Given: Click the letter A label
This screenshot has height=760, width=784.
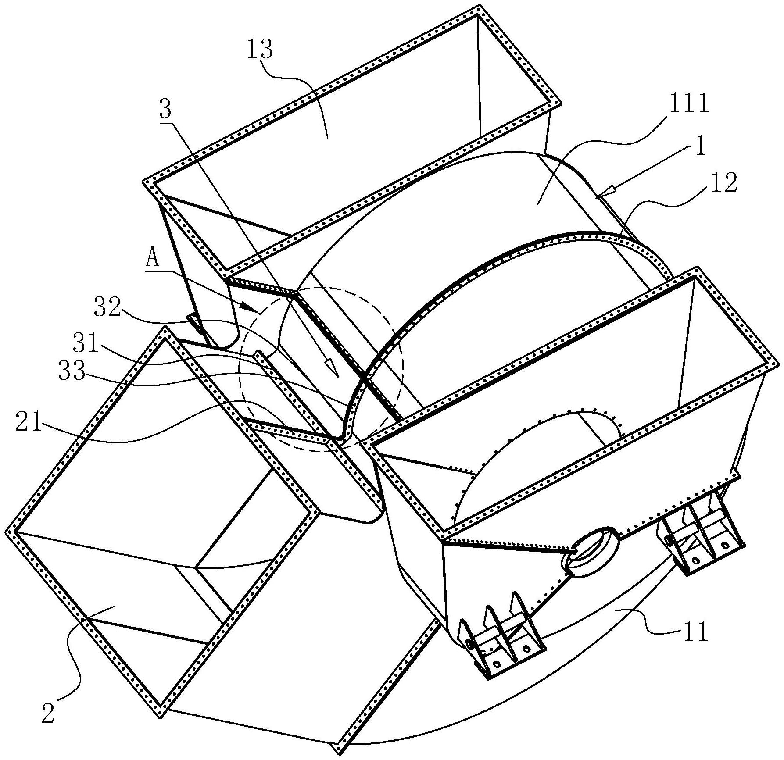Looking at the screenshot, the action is click(152, 260).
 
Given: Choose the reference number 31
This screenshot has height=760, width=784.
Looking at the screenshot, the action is click(86, 344).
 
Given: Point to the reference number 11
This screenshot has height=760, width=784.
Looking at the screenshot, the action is click(695, 632).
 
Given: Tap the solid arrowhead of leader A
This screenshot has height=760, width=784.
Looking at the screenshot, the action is click(249, 307).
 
